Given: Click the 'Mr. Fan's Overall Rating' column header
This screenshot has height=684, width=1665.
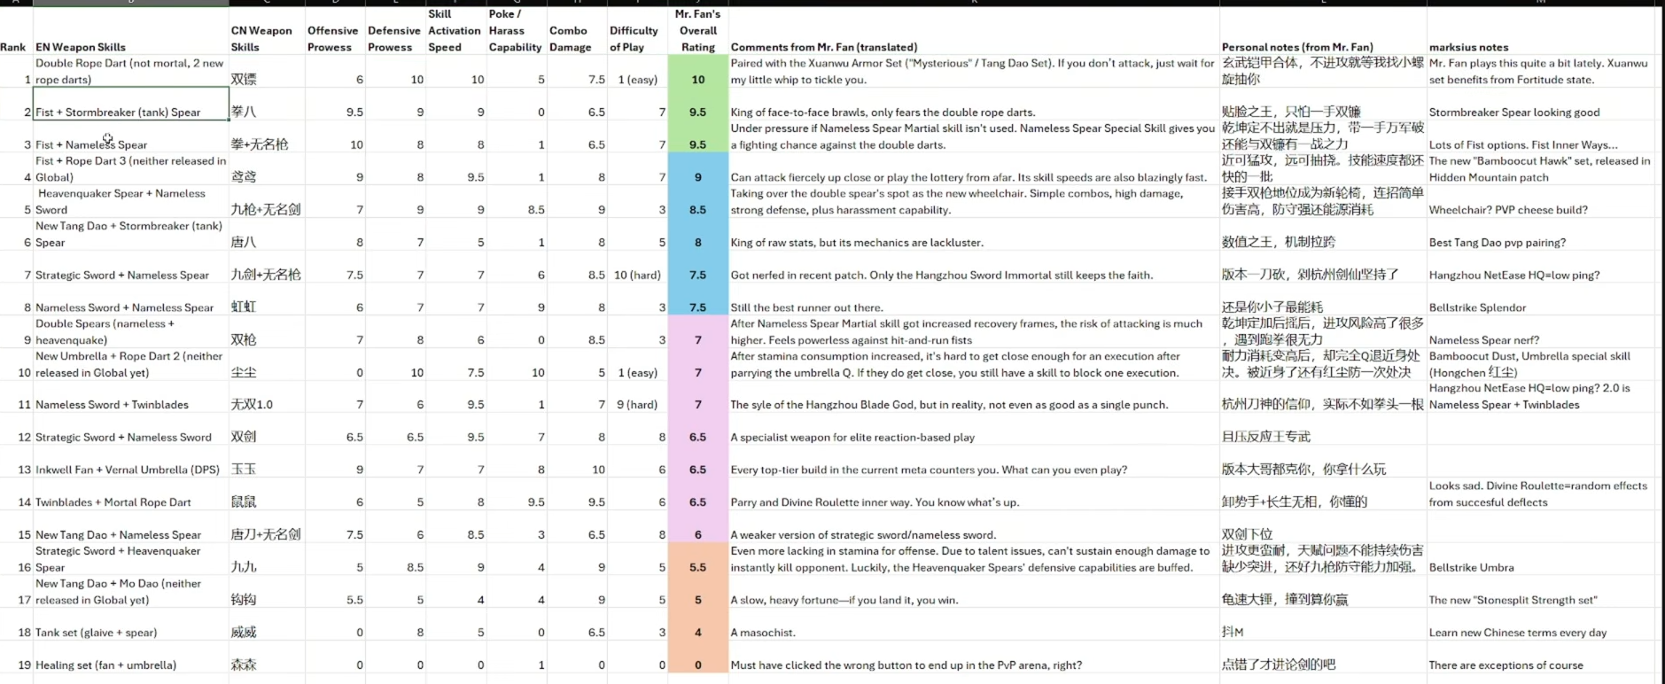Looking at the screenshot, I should click(x=697, y=31).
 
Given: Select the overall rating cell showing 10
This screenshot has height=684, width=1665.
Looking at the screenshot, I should click(x=697, y=80).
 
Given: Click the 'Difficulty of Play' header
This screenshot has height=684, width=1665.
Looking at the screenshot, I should click(x=634, y=39).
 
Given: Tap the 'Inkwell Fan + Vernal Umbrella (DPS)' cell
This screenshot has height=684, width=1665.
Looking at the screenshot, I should click(x=128, y=470).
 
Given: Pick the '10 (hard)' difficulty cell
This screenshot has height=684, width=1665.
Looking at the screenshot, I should click(x=637, y=275).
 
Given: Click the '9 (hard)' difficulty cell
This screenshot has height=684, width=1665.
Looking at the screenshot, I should click(x=637, y=405).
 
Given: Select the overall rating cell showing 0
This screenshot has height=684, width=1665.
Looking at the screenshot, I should click(x=697, y=665).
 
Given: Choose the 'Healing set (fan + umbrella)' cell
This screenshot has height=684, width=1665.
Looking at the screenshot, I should click(x=105, y=665).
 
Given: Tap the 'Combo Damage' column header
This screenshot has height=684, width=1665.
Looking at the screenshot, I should click(x=570, y=39).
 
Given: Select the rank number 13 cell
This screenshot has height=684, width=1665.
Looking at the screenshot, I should click(x=24, y=470).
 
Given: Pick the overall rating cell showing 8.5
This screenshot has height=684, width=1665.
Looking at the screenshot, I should click(x=697, y=210).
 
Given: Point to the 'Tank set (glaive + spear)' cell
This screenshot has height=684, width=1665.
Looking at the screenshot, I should click(x=96, y=633).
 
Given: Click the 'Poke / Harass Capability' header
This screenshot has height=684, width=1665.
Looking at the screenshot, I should click(x=515, y=31).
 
